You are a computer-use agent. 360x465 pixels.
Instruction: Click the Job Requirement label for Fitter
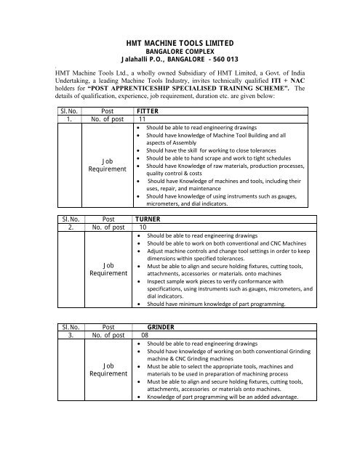click(107, 164)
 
